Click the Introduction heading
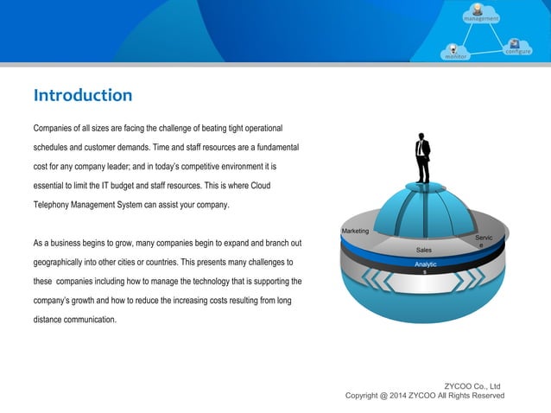point(83,95)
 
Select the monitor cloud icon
point(455,53)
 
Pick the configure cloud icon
point(517,48)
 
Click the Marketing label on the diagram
point(355,232)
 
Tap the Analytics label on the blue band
point(426,267)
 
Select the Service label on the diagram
point(484,241)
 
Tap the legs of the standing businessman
point(423,170)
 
